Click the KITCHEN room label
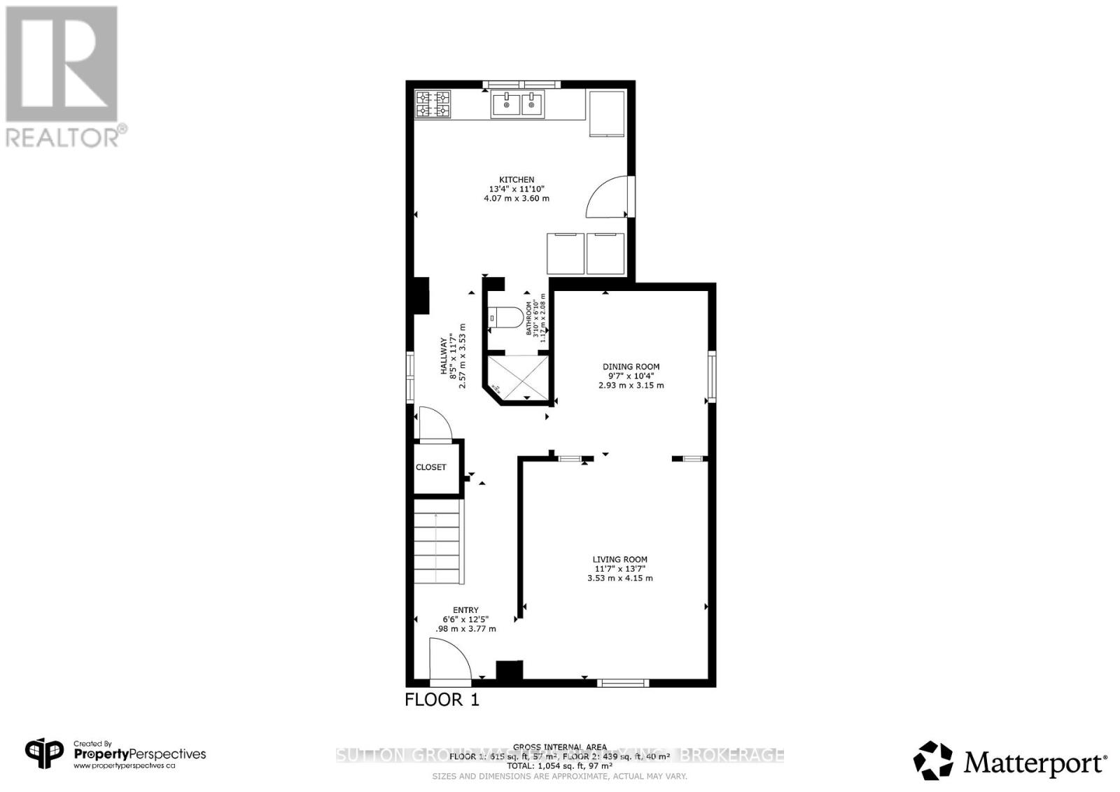[516, 180]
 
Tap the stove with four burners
[433, 104]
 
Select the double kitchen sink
[517, 105]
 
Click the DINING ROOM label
[631, 367]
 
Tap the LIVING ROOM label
[619, 560]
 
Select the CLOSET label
[430, 467]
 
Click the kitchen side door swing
[608, 197]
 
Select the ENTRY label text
[465, 610]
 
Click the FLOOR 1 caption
[442, 700]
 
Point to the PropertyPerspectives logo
[115, 754]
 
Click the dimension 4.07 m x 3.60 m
[516, 199]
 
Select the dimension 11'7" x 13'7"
[619, 569]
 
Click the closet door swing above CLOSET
[433, 425]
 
